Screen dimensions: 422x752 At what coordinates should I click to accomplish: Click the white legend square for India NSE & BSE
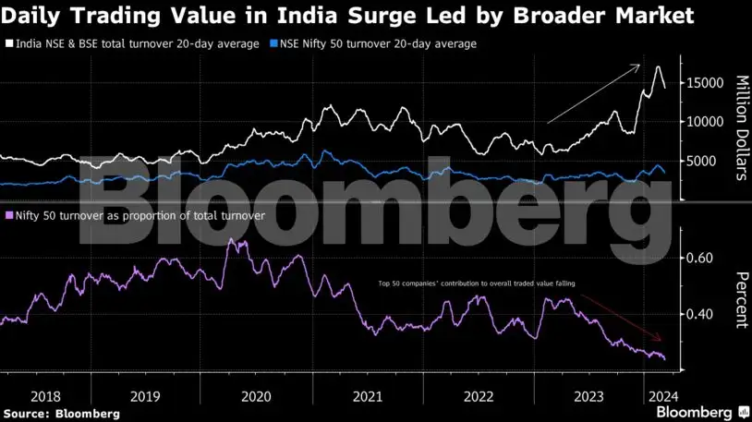click(10, 43)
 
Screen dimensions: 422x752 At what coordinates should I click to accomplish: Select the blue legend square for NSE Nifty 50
click(273, 43)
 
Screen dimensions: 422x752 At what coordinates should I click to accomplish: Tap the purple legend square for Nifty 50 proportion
click(10, 214)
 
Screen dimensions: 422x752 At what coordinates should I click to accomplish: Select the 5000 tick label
click(707, 162)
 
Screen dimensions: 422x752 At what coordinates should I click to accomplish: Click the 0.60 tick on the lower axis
click(701, 258)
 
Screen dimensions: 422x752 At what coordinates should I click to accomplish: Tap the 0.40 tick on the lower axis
click(701, 314)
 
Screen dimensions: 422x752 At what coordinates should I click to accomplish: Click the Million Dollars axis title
click(740, 127)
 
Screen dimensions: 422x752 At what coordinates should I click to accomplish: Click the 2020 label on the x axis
click(256, 395)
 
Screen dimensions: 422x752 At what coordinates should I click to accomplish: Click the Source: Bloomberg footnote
click(61, 413)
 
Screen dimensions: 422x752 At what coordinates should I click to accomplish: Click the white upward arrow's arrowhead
click(637, 66)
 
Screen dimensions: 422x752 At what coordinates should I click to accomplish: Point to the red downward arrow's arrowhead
click(660, 339)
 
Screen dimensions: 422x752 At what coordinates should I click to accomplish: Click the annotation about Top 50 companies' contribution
click(478, 284)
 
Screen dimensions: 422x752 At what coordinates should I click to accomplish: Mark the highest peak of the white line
click(658, 67)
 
